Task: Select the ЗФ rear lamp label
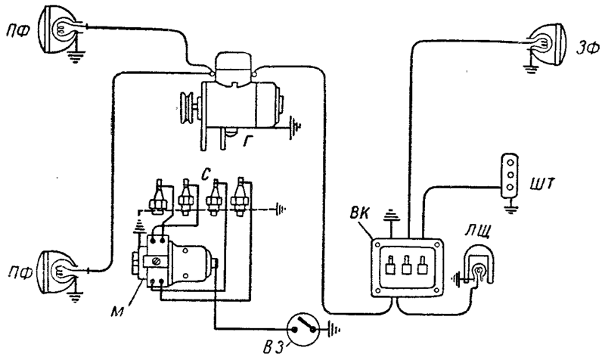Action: pyautogui.click(x=588, y=49)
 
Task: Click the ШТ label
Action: pyautogui.click(x=543, y=184)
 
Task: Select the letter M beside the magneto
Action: pyautogui.click(x=119, y=312)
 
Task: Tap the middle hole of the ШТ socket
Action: pyautogui.click(x=510, y=175)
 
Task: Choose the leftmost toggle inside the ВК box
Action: pyautogui.click(x=390, y=265)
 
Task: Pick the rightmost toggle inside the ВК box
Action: pyautogui.click(x=423, y=265)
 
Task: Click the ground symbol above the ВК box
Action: pyautogui.click(x=390, y=214)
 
